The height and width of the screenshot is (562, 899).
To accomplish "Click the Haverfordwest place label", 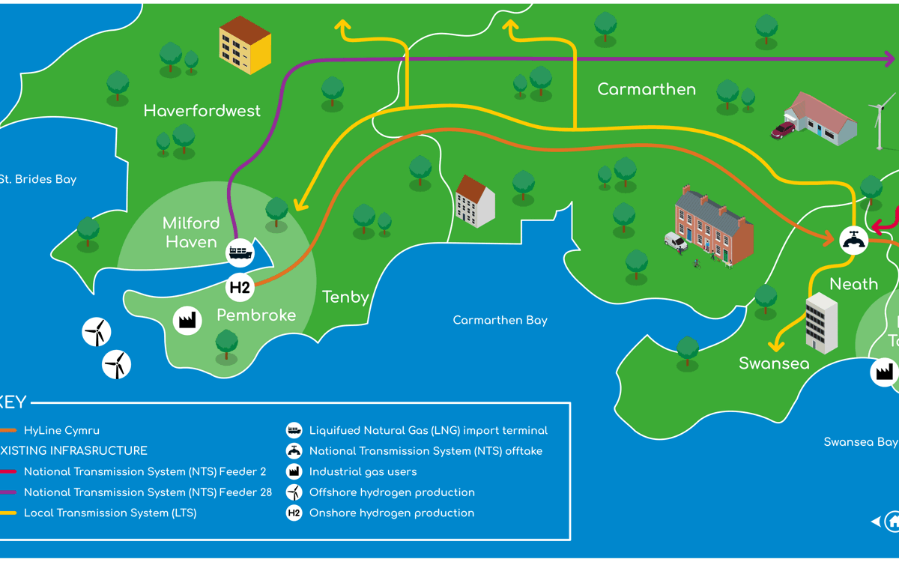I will [202, 111].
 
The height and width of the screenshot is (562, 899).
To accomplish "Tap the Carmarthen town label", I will [647, 89].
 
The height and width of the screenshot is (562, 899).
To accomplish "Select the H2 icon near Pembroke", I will [240, 287].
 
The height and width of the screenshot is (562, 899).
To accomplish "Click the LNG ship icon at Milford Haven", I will [240, 253].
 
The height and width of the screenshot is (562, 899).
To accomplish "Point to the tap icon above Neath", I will [853, 241].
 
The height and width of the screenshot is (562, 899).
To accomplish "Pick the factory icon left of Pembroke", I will [187, 321].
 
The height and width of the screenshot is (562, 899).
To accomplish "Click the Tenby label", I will [345, 297].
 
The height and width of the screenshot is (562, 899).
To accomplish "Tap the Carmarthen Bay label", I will [500, 320].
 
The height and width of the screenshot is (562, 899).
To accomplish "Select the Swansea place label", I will [774, 363].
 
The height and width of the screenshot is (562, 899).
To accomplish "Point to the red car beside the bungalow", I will [783, 130].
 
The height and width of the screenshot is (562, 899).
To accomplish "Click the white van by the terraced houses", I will [675, 241].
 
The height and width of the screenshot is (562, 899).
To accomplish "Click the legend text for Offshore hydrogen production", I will [392, 492].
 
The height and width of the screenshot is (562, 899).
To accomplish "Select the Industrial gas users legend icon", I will [294, 471].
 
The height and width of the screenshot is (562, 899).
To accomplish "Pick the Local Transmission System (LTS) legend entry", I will [110, 513].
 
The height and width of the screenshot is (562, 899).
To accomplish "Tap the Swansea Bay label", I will [860, 442].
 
